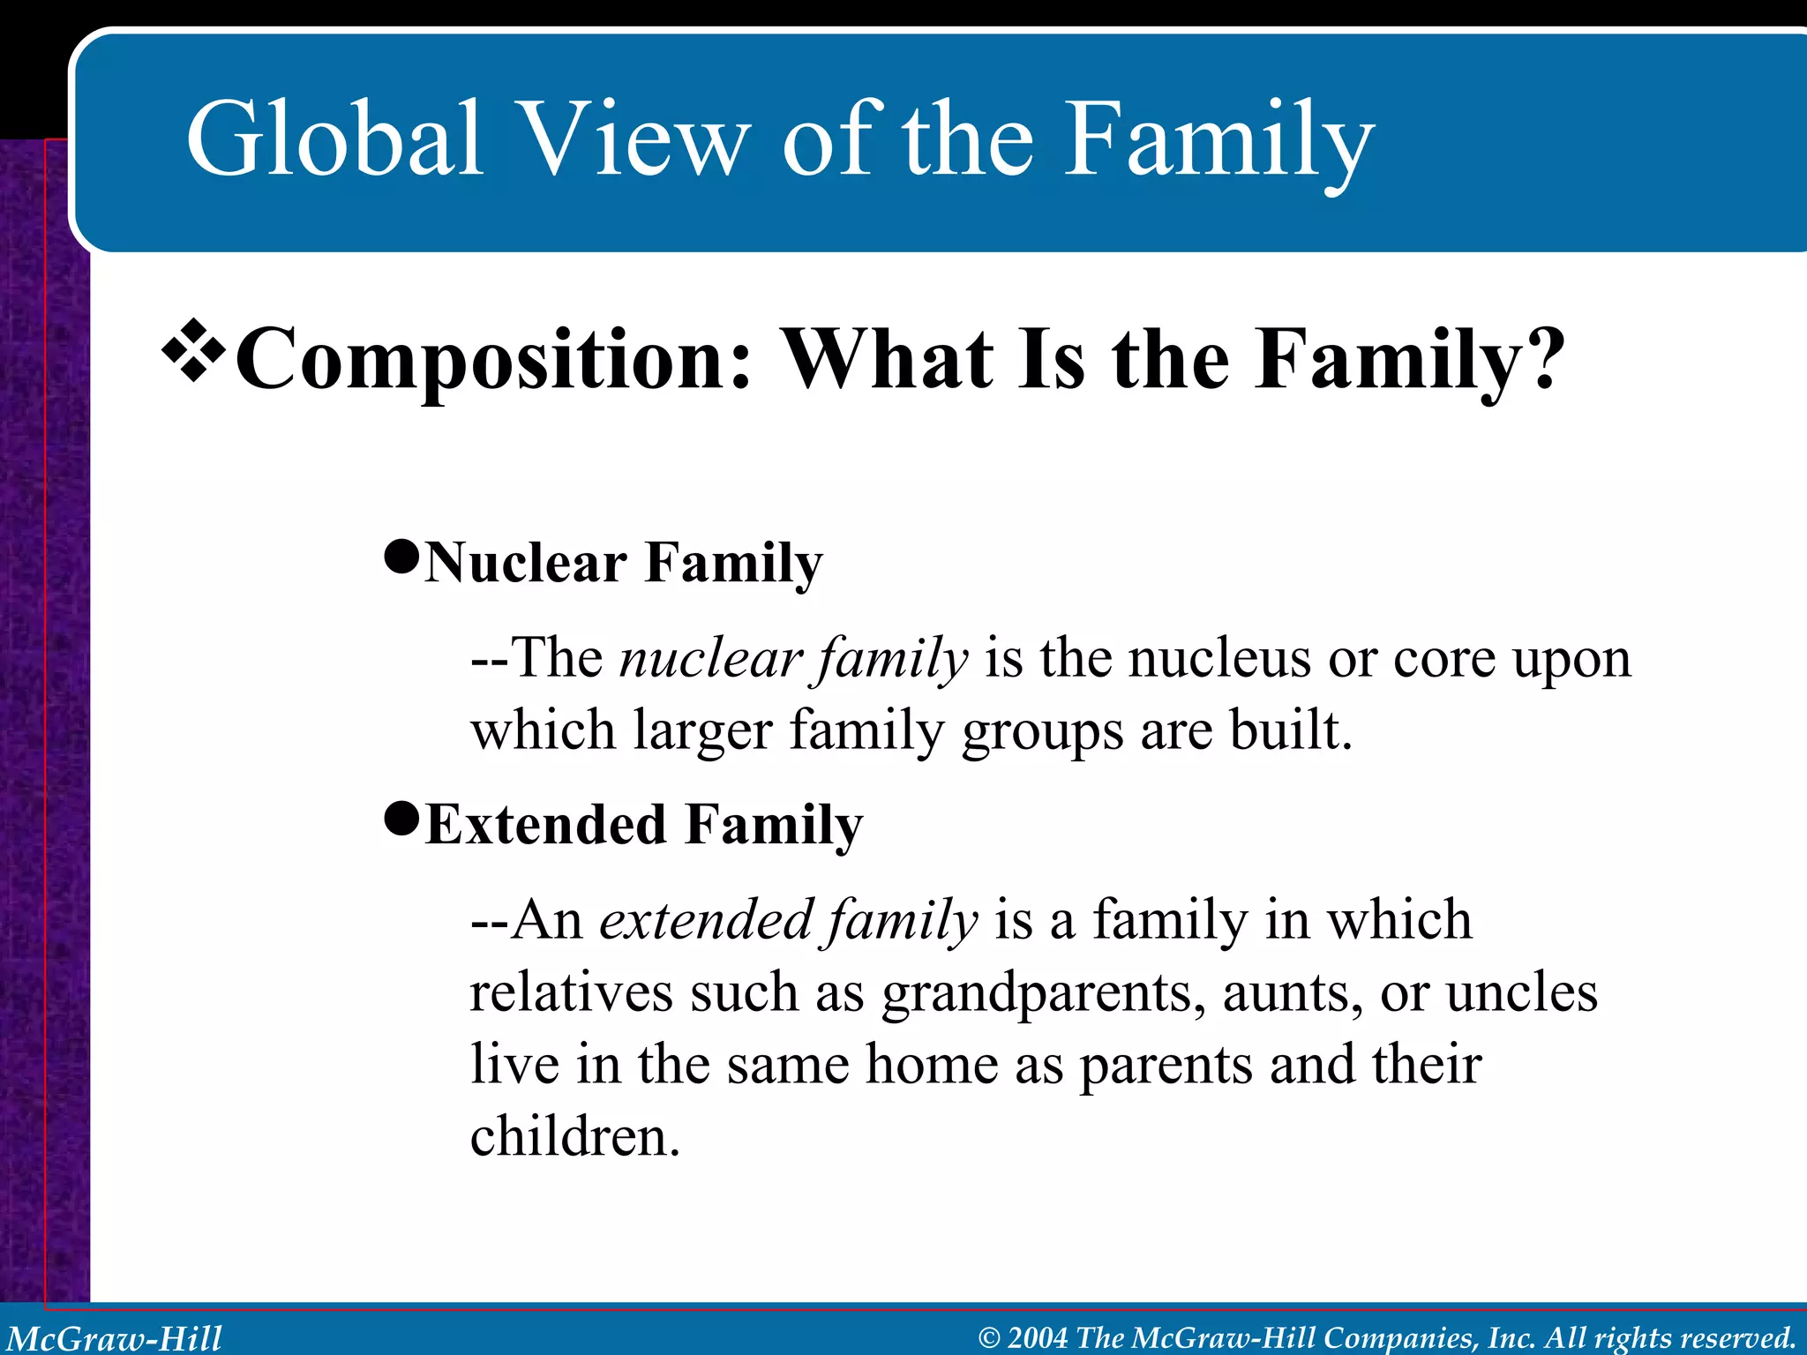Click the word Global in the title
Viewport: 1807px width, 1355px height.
click(334, 138)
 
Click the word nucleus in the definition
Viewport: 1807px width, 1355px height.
click(1219, 658)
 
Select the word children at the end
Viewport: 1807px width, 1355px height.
click(574, 1136)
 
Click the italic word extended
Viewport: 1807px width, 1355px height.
click(706, 920)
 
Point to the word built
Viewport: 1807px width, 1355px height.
click(1291, 730)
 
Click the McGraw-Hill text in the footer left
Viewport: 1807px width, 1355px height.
click(115, 1338)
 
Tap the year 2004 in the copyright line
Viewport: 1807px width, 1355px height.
click(1038, 1338)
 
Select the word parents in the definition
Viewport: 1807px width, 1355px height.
click(1166, 1065)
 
